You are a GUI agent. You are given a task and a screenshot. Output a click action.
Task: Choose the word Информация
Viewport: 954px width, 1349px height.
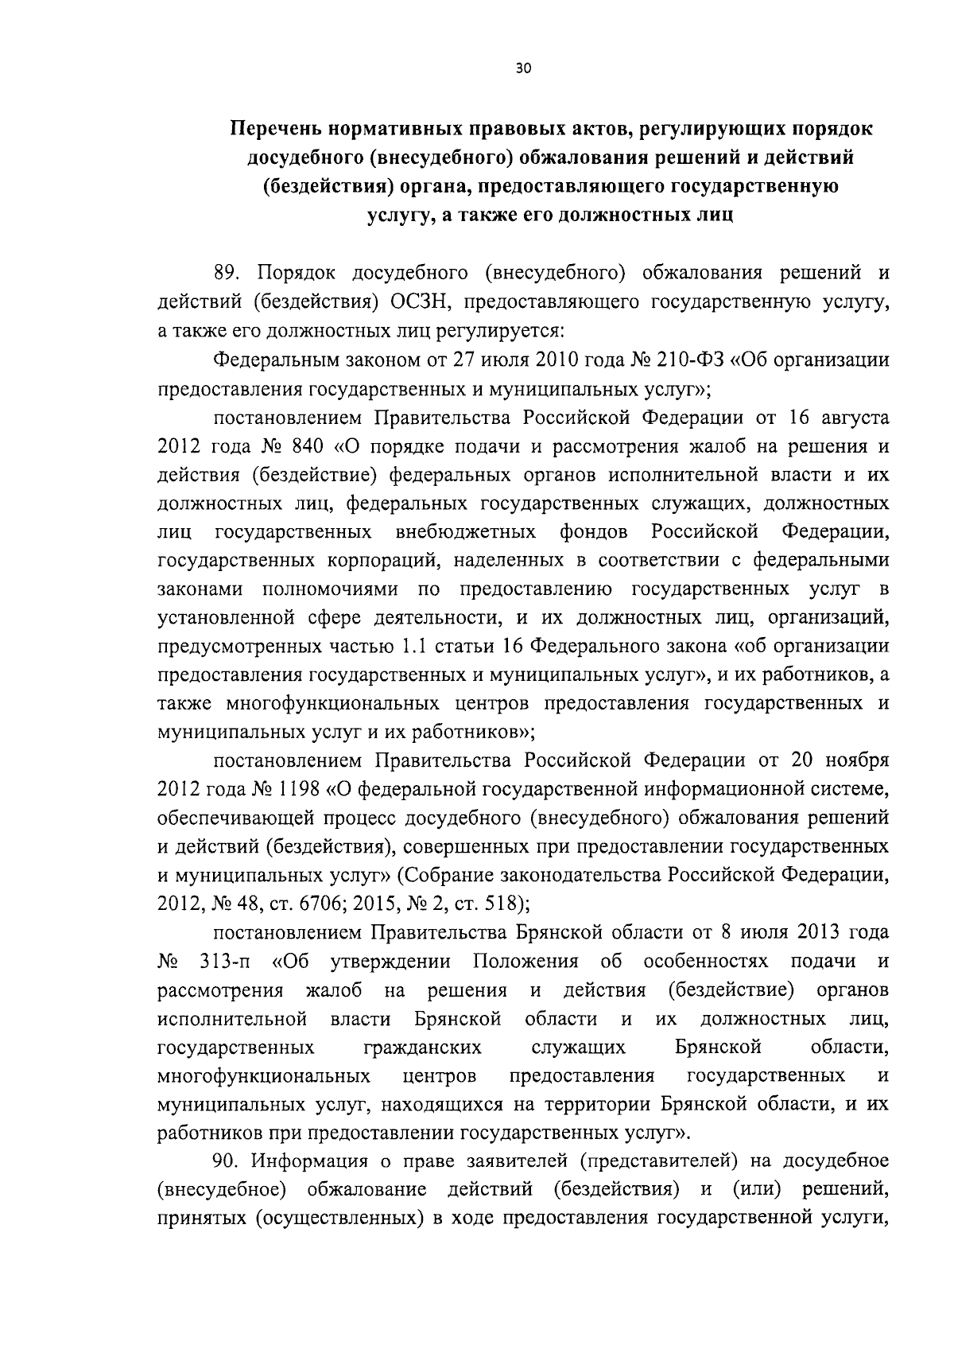(x=309, y=1161)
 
